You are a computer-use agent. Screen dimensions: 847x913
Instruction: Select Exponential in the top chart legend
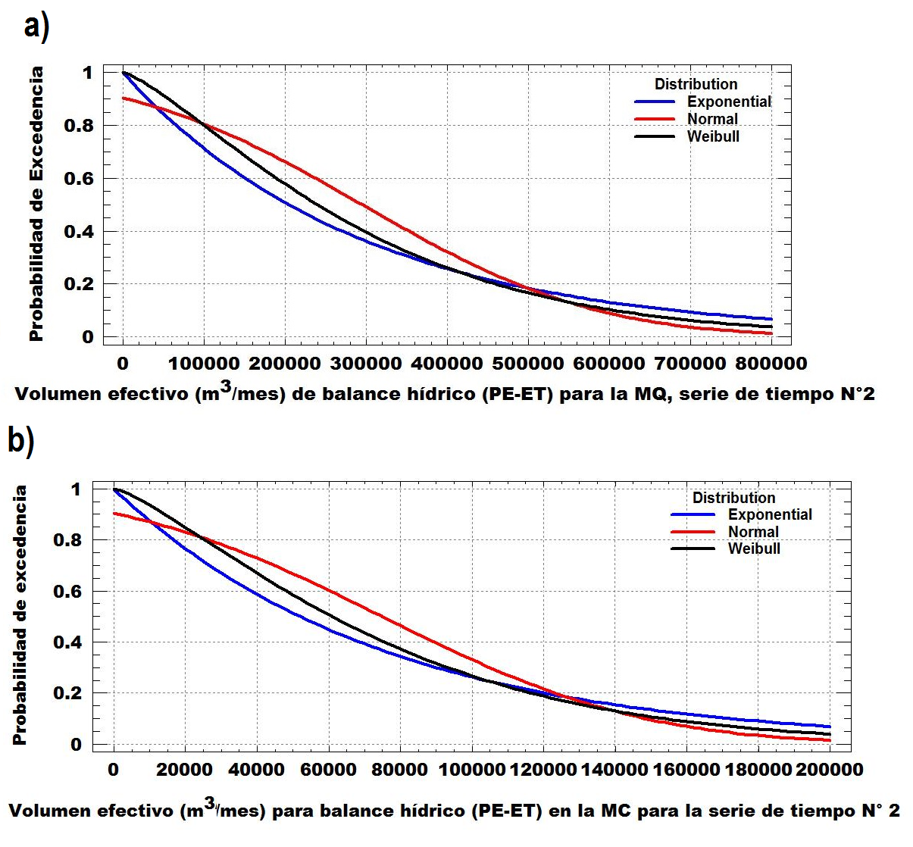point(728,102)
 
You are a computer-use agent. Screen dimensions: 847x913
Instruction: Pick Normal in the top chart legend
point(712,119)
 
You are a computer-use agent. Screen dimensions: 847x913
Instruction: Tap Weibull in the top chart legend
point(713,136)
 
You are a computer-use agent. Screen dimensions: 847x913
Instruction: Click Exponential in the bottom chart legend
point(770,514)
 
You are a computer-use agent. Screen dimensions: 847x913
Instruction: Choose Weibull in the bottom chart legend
point(754,549)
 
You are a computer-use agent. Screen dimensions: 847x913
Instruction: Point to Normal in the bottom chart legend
point(753,532)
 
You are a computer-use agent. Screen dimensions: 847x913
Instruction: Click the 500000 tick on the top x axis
point(528,364)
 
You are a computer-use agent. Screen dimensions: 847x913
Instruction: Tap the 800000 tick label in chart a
point(771,364)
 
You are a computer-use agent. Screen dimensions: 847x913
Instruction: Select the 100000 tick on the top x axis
point(204,364)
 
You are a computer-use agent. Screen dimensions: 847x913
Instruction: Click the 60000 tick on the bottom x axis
point(328,770)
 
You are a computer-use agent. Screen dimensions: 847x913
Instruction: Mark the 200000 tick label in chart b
point(829,770)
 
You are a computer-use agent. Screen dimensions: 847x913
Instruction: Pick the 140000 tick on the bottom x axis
point(614,770)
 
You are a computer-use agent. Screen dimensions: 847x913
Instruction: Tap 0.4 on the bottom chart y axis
point(68,642)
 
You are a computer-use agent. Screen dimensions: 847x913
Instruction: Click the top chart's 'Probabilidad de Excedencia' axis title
point(36,204)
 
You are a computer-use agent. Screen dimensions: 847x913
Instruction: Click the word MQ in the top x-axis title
point(651,394)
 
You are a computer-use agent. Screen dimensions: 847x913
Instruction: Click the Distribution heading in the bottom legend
point(733,498)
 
